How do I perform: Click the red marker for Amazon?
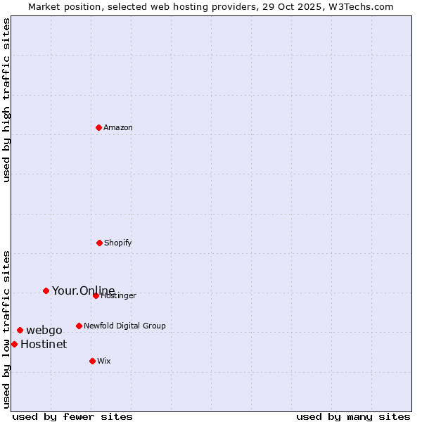pos(99,127)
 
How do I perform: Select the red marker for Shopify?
pos(100,243)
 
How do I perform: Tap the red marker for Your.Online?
pos(46,290)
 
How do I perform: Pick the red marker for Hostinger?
pos(96,295)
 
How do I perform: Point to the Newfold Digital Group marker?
pos(79,326)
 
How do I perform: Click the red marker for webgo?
pos(20,330)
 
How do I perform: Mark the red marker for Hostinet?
pos(14,344)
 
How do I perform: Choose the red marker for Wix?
pos(92,361)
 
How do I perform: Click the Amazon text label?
pos(118,128)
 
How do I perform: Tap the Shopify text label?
pos(118,243)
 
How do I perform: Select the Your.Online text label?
pos(84,290)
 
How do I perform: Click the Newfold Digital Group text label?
pos(124,326)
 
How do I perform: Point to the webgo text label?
pos(44,331)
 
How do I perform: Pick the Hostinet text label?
pos(44,345)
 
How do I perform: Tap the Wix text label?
pos(104,362)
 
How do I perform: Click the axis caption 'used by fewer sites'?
pos(72,417)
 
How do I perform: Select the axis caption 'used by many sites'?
pos(353,417)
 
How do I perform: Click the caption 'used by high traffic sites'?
pos(7,100)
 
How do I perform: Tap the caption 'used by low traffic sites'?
pos(7,329)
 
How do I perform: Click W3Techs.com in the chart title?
pos(359,6)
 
